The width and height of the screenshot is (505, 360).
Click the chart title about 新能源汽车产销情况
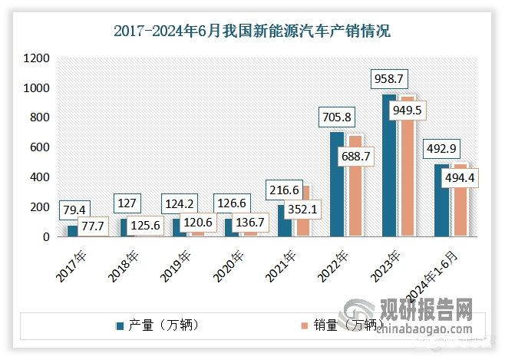coord(252,31)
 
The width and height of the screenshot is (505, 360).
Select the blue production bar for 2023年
coord(389,165)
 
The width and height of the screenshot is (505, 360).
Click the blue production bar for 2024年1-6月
coord(441,200)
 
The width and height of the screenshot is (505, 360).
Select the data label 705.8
coord(336,117)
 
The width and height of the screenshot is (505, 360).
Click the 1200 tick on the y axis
coord(37,58)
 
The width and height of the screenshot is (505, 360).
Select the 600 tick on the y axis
coord(40,147)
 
